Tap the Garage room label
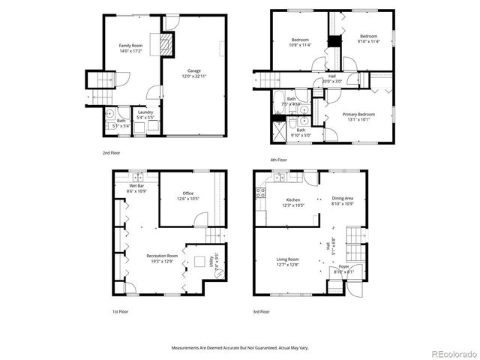(x=193, y=73)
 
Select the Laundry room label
(x=145, y=115)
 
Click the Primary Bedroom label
(x=358, y=116)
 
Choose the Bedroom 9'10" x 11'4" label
(x=368, y=39)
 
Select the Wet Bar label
(x=136, y=189)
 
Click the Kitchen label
(x=293, y=202)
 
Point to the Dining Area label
(x=343, y=202)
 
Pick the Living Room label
(x=287, y=262)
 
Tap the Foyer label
(x=344, y=268)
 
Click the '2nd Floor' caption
(x=112, y=153)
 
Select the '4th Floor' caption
(x=279, y=160)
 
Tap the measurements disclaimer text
(x=239, y=348)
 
